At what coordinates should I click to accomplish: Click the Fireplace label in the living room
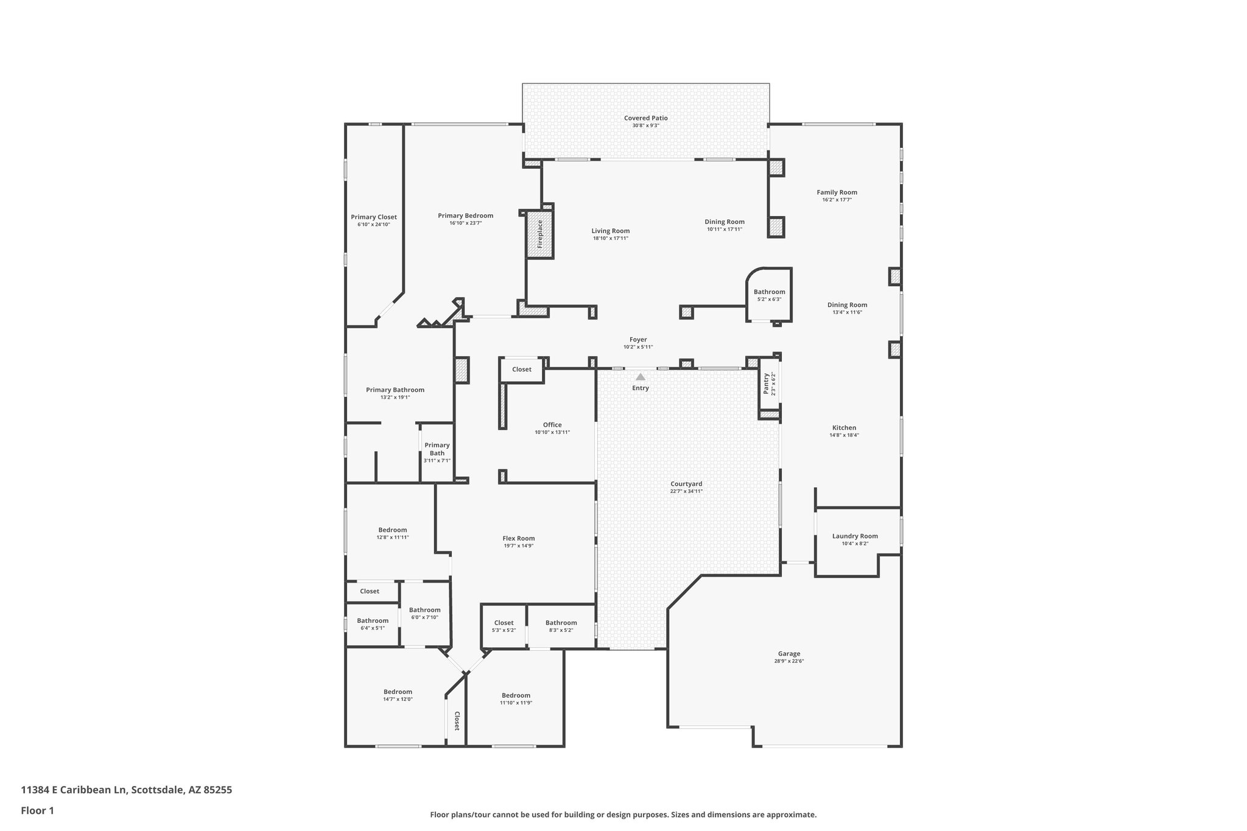(539, 234)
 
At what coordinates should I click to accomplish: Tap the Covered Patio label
(645, 118)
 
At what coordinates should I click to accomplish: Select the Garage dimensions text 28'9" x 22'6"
(789, 661)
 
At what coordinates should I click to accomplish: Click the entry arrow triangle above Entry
(640, 377)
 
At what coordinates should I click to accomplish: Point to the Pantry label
(766, 384)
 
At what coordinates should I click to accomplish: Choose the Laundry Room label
(855, 536)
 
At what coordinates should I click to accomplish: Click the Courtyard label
(686, 484)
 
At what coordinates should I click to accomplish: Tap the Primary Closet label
(373, 217)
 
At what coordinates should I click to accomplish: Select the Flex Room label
(518, 538)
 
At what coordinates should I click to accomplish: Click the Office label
(552, 425)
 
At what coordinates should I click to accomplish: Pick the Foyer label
(638, 340)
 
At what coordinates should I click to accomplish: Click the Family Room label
(837, 192)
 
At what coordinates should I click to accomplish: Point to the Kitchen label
(844, 428)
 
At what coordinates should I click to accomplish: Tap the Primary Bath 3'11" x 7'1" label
(437, 452)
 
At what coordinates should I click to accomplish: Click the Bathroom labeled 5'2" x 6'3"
(769, 292)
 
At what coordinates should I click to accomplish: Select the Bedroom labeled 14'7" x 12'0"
(398, 692)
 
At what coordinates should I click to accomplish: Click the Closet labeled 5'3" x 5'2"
(504, 623)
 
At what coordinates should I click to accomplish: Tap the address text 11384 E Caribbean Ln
(75, 790)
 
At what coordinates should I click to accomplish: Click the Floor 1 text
(37, 810)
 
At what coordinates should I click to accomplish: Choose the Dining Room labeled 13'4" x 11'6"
(847, 305)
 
